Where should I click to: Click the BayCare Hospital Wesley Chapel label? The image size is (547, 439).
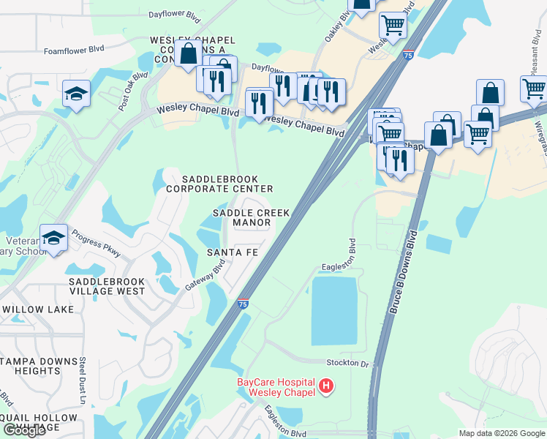(x=275, y=387)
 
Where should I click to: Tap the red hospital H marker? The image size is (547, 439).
(x=326, y=385)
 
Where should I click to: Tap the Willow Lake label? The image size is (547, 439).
(x=37, y=309)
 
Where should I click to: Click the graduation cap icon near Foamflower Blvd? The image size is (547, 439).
(x=76, y=94)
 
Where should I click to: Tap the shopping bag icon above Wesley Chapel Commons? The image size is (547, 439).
(x=189, y=53)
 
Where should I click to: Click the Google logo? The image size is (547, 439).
(x=24, y=431)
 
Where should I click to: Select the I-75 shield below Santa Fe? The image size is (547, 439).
(x=243, y=304)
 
